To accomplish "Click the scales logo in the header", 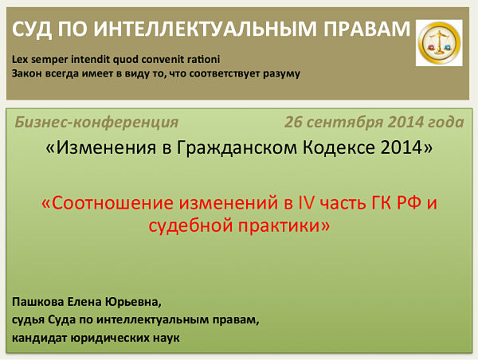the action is pos(439,43).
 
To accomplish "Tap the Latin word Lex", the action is pos(20,59).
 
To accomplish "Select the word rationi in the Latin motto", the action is pos(203,59).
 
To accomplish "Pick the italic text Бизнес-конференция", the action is pos(96,122).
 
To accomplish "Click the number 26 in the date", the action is pos(293,122).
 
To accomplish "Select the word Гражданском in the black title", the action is pos(237,147).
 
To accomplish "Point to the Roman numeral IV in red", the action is pos(305,203).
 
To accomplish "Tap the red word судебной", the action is pos(191,226).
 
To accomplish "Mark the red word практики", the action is pos(278,227).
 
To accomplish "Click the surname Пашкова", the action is pos(37,302).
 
